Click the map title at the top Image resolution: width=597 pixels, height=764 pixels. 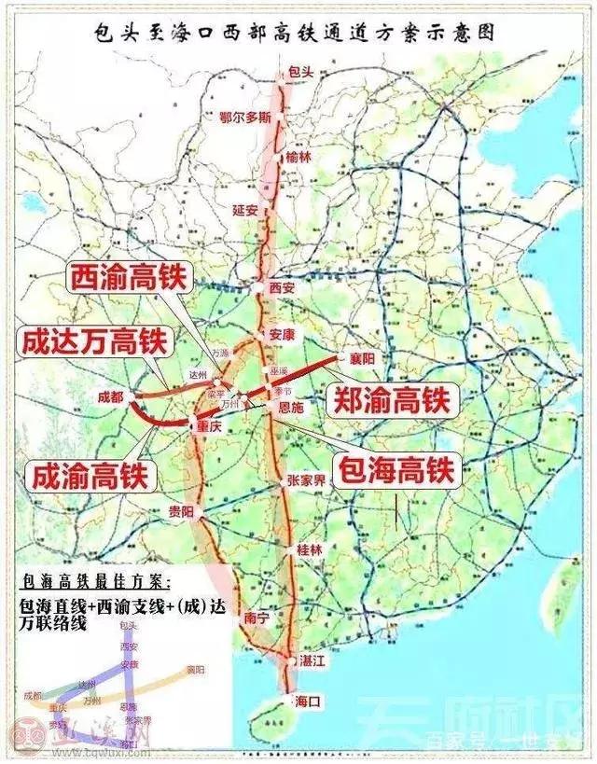click(x=298, y=30)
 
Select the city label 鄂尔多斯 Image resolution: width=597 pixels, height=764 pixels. click(x=245, y=118)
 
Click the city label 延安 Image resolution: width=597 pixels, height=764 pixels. click(x=245, y=210)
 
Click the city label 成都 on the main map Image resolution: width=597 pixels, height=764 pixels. click(x=110, y=396)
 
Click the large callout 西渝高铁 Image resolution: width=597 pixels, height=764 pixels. click(x=129, y=278)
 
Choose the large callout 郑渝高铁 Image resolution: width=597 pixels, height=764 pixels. click(x=392, y=401)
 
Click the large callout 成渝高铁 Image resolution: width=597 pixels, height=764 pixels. click(x=90, y=477)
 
